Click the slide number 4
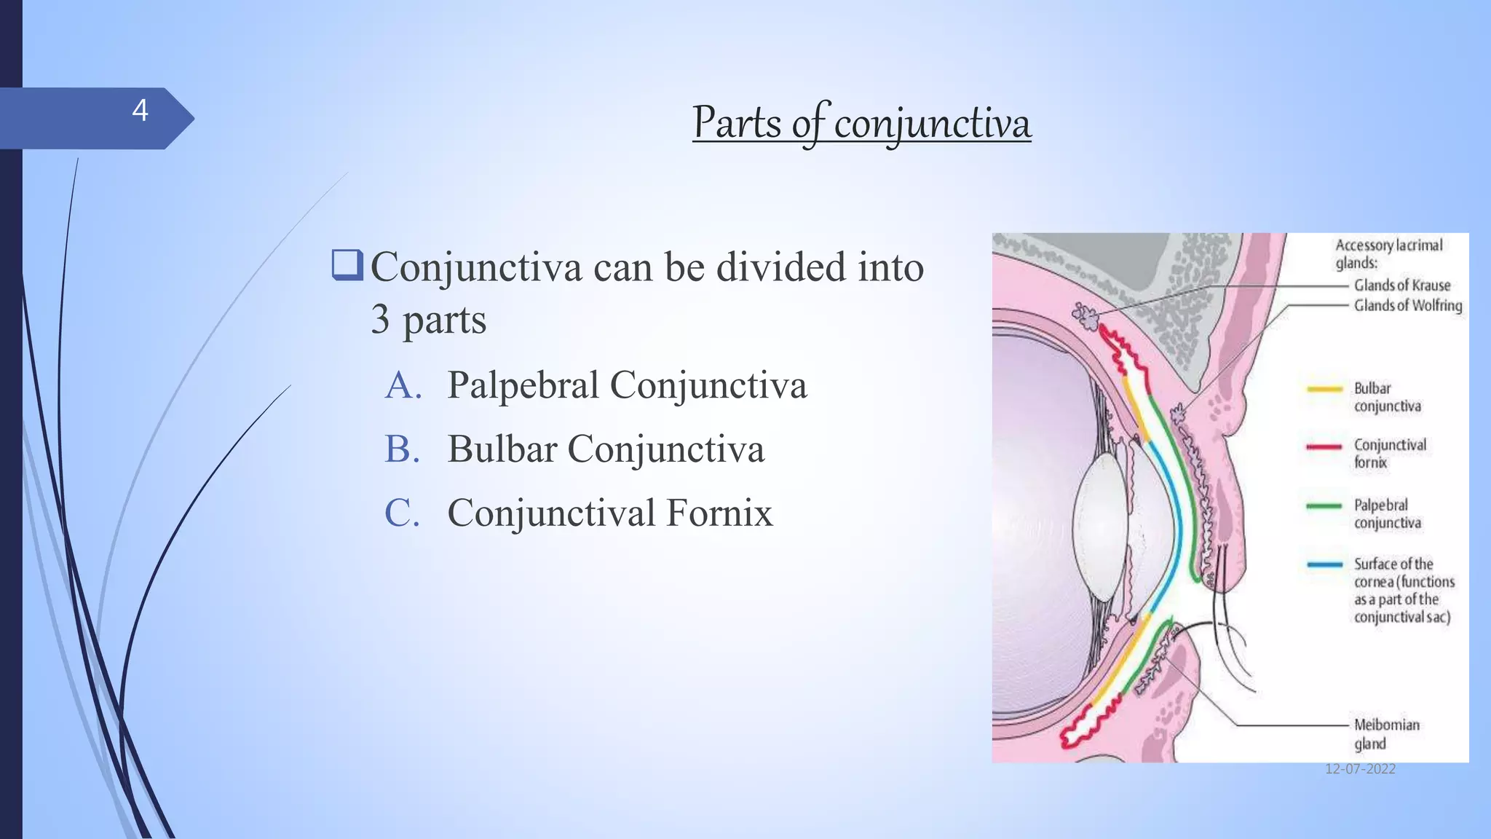(140, 111)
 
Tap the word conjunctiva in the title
(933, 124)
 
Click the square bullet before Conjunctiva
(347, 265)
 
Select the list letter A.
(403, 385)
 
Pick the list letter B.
(403, 449)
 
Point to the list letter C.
(403, 513)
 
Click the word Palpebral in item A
(523, 385)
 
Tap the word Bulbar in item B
(502, 449)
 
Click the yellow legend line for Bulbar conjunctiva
(1324, 389)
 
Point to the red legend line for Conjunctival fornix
(1324, 446)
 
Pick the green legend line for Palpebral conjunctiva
(1324, 505)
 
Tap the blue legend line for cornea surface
(1324, 564)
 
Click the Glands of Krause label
(1401, 285)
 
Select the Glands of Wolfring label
(1407, 306)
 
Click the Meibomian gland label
(1385, 733)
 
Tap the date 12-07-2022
(1359, 769)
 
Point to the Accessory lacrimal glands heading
(1388, 253)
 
